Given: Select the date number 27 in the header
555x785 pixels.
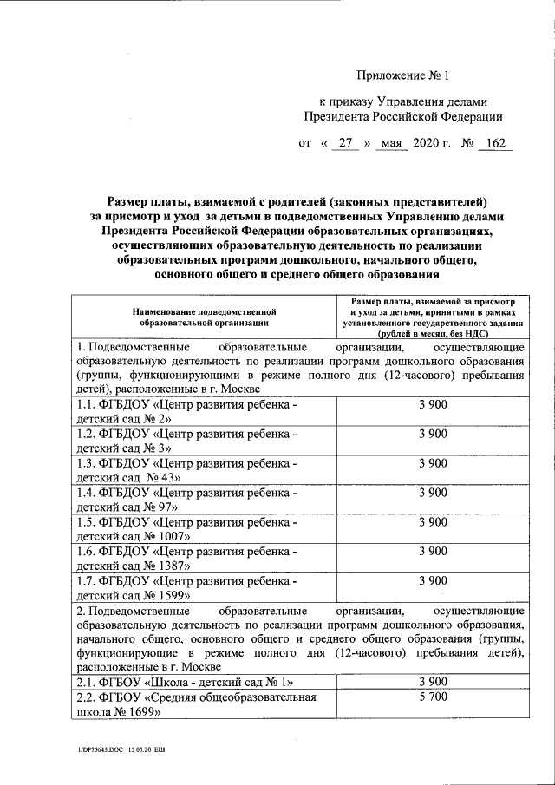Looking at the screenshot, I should pyautogui.click(x=344, y=143).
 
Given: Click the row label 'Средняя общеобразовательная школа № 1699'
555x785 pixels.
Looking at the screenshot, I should pyautogui.click(x=196, y=703).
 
